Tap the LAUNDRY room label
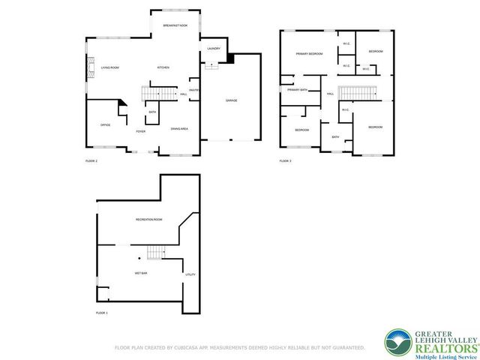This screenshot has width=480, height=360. [213, 49]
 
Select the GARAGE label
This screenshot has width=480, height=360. [232, 100]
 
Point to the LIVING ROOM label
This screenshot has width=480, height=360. [110, 67]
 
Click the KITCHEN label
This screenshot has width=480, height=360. [163, 67]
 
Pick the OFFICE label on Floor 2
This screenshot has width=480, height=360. [106, 124]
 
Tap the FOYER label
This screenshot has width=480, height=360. [140, 131]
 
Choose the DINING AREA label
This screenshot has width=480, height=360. [179, 129]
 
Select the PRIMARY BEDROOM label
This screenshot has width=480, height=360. [308, 54]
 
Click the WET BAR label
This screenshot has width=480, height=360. [141, 273]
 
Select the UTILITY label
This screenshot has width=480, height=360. [190, 274]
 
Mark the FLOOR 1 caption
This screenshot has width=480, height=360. [101, 312]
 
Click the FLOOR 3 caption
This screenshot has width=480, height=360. [285, 160]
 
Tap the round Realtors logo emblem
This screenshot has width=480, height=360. [397, 342]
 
